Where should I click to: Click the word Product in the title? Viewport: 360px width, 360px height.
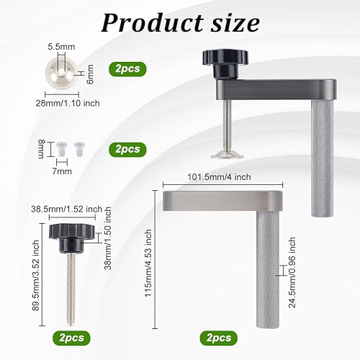click(153, 23)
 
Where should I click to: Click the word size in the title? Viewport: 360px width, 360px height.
click(235, 23)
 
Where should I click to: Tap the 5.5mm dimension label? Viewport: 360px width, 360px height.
click(61, 47)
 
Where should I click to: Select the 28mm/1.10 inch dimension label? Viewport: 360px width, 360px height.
click(68, 103)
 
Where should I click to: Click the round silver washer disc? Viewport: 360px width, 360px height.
click(62, 73)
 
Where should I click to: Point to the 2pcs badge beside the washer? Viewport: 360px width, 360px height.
click(127, 69)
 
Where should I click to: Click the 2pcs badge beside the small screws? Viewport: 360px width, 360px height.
click(127, 149)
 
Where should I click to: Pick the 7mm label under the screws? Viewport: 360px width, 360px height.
click(62, 171)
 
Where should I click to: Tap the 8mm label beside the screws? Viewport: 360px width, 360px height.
click(41, 149)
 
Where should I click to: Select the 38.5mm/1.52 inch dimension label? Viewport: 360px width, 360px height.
click(67, 209)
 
